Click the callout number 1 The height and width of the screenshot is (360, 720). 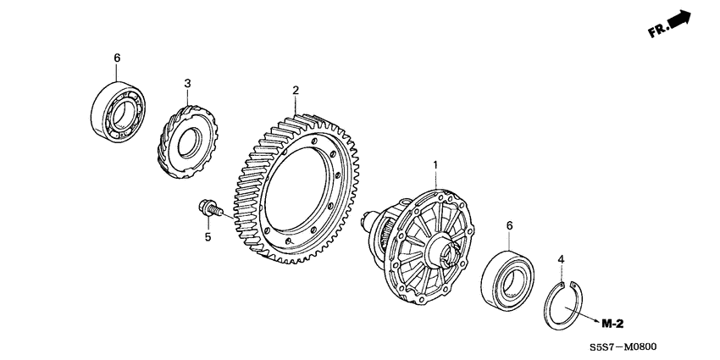tap(435, 163)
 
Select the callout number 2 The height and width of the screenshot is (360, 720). tap(296, 90)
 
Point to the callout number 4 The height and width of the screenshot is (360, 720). tap(559, 258)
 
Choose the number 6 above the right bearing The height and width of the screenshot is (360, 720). tap(509, 225)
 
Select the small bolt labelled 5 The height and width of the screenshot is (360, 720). tap(207, 208)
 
